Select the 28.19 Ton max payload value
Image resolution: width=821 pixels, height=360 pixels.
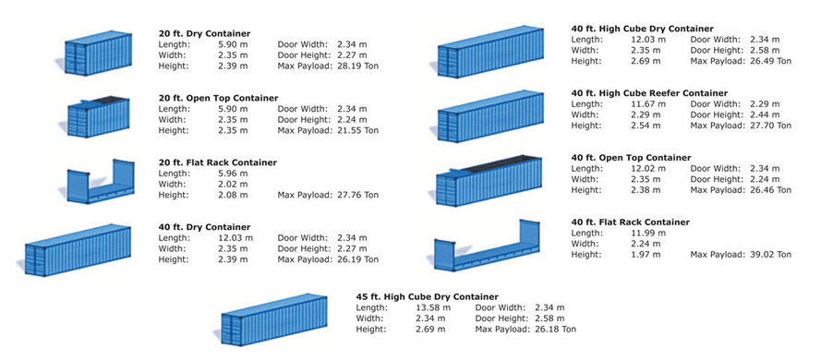coord(358,66)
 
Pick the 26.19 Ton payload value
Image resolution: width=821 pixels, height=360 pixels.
coord(358,259)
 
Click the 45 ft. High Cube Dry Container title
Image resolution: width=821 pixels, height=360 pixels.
coord(427,296)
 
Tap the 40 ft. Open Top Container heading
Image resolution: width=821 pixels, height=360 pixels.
coord(631,158)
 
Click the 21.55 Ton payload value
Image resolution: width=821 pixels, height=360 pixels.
coord(358,130)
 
